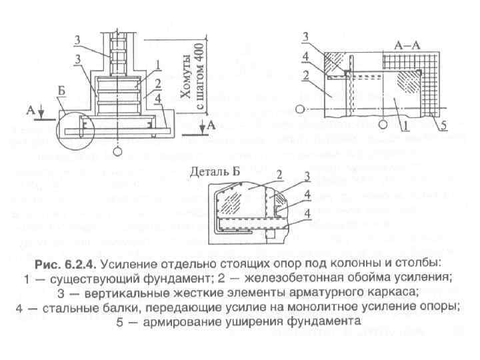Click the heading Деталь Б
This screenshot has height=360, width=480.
coord(215,171)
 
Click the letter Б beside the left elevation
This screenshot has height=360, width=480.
coord(61,101)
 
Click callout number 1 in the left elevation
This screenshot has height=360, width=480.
coord(158,64)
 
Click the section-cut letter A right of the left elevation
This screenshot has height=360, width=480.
coord(211,125)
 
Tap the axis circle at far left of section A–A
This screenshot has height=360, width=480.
coord(302,109)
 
